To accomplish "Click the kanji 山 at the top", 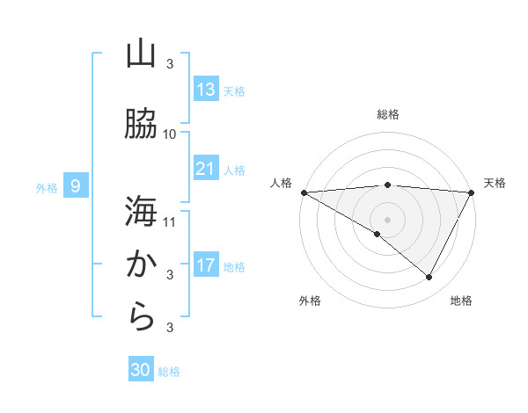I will pyautogui.click(x=141, y=54).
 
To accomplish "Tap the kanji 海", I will pyautogui.click(x=141, y=212).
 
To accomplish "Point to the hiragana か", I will pyautogui.click(x=141, y=264).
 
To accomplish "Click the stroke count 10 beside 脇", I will pyautogui.click(x=170, y=134).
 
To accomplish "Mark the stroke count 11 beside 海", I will pyautogui.click(x=170, y=221).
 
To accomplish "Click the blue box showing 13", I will pyautogui.click(x=206, y=90).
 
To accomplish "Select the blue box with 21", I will pyautogui.click(x=206, y=169).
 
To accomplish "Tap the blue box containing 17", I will pyautogui.click(x=206, y=265).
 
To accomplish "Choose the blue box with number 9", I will pyautogui.click(x=76, y=185).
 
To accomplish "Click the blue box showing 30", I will pyautogui.click(x=141, y=370).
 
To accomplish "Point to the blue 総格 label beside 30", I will pyautogui.click(x=170, y=372).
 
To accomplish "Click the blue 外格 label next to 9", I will pyautogui.click(x=47, y=187).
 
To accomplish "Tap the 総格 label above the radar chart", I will pyautogui.click(x=387, y=114).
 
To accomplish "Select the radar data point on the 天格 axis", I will pyautogui.click(x=472, y=192).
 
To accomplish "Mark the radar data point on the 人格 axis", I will pyautogui.click(x=304, y=192).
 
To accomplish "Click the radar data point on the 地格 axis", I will pyautogui.click(x=429, y=278).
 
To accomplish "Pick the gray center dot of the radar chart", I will pyautogui.click(x=387, y=219).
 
